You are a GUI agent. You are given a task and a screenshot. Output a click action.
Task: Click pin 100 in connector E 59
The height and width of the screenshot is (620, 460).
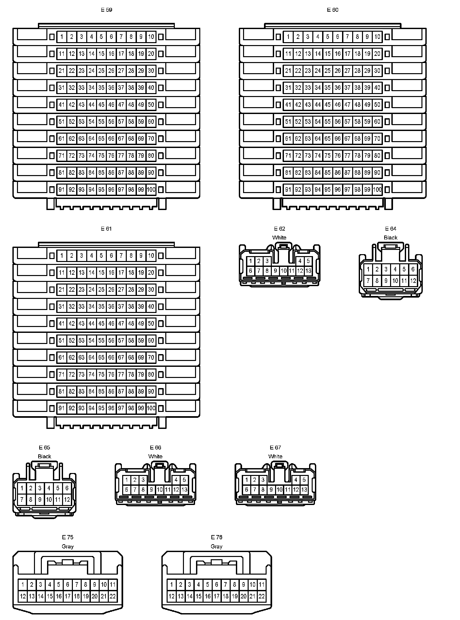(x=151, y=189)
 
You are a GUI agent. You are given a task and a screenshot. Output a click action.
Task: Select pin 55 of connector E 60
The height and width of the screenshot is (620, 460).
(x=328, y=122)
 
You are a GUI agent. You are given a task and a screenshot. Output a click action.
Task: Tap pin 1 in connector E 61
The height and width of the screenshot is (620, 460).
(x=62, y=255)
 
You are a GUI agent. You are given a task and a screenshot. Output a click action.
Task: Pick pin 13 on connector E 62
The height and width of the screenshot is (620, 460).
(x=308, y=271)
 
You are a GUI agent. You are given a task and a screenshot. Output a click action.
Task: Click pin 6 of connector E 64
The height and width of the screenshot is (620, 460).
(x=413, y=269)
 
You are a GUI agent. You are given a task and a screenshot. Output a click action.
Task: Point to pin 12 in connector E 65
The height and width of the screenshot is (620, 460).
(x=67, y=499)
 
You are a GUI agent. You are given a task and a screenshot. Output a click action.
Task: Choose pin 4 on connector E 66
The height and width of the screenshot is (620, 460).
(x=176, y=480)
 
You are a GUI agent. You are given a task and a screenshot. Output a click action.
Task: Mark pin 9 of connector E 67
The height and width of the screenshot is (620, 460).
(x=271, y=490)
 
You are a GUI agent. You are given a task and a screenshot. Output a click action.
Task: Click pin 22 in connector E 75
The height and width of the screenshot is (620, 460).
(x=112, y=596)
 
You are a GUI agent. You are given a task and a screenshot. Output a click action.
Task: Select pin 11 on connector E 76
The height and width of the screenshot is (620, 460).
(x=261, y=584)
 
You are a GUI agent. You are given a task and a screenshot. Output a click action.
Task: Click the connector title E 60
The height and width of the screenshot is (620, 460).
(x=333, y=10)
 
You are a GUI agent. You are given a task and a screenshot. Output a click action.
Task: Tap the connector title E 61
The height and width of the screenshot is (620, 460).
(x=106, y=229)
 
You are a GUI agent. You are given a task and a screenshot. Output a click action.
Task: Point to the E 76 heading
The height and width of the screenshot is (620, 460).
(x=217, y=537)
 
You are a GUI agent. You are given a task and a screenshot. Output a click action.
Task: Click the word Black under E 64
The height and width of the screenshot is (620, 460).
(x=390, y=237)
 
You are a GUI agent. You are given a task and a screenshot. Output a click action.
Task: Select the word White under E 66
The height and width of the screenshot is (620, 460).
(x=155, y=456)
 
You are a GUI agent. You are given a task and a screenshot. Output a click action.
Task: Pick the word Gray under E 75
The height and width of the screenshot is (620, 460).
(x=68, y=546)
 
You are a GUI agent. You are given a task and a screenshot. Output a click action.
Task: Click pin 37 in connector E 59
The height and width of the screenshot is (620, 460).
(x=121, y=88)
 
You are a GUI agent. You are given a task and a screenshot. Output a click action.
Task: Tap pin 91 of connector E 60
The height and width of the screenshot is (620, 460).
(x=288, y=189)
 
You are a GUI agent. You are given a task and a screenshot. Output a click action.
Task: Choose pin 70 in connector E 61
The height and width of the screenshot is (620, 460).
(x=151, y=357)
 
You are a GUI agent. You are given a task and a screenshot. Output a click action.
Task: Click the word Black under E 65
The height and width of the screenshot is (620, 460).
(x=44, y=456)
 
